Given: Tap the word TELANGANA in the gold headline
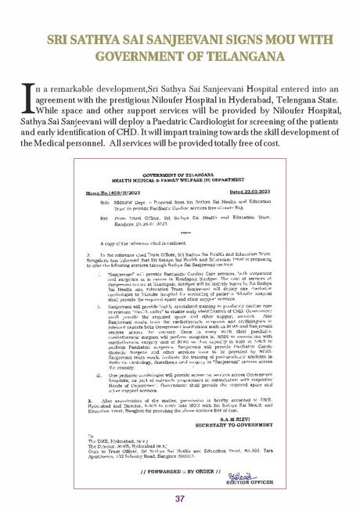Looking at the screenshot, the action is tap(229, 56).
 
